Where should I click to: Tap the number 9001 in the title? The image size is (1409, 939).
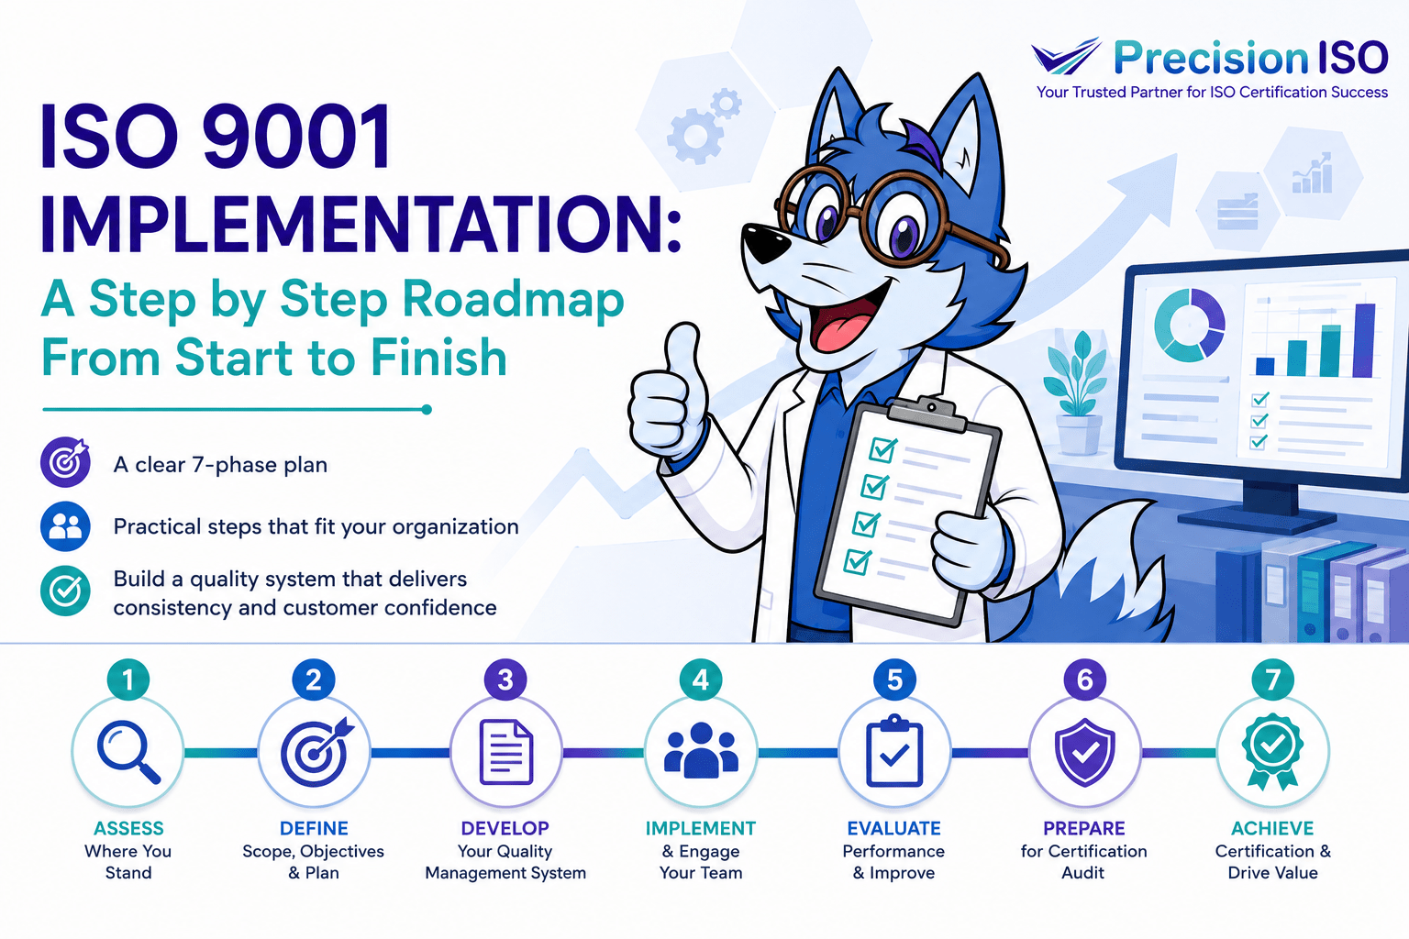(295, 137)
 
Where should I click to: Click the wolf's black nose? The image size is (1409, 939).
(763, 243)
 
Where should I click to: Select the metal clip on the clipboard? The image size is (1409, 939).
(928, 414)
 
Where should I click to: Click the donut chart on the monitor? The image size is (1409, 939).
(1189, 325)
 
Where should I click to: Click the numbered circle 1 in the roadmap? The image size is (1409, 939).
(128, 679)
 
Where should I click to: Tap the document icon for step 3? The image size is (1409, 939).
(505, 753)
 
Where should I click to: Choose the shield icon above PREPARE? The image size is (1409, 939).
(1084, 753)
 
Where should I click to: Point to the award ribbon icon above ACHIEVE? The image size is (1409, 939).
(1272, 752)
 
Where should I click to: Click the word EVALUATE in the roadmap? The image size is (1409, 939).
(893, 828)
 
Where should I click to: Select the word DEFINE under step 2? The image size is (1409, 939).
(314, 828)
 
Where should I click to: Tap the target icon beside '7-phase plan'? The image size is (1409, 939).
(65, 463)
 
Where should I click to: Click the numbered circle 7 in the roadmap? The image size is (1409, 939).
(1272, 679)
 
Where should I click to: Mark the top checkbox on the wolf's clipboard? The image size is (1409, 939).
(883, 449)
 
